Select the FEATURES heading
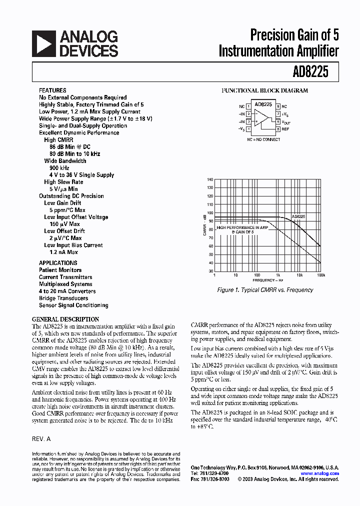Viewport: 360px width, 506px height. (52, 90)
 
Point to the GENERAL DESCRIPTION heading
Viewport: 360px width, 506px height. (65, 319)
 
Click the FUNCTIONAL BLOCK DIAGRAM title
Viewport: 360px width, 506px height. (264, 90)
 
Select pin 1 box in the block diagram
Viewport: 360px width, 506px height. (248, 106)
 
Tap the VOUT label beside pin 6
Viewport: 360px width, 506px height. (286, 122)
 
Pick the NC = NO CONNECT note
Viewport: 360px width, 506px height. (263, 139)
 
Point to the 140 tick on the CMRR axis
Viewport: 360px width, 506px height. (210, 179)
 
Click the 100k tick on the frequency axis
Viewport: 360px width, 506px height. (320, 275)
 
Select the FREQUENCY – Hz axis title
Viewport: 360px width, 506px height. (268, 280)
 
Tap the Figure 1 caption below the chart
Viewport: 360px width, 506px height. (265, 290)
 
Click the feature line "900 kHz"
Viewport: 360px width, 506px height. (59, 168)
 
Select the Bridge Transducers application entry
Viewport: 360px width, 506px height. (63, 298)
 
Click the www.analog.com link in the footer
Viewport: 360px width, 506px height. (319, 473)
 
